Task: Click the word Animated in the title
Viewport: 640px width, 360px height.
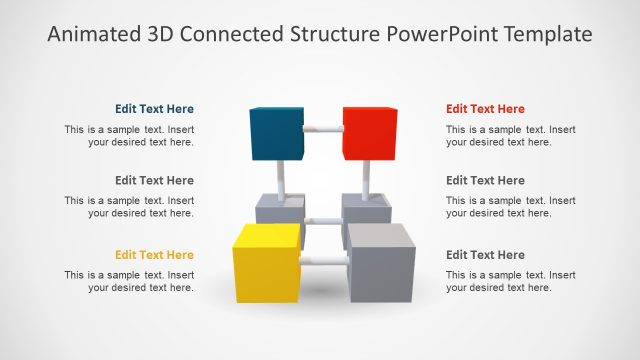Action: click(x=91, y=35)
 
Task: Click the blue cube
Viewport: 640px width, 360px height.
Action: click(x=276, y=133)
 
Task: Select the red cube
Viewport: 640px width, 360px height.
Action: click(x=369, y=133)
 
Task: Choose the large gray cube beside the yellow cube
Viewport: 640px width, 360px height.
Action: click(x=379, y=262)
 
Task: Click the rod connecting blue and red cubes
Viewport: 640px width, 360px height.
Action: click(x=323, y=129)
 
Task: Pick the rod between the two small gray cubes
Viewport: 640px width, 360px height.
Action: click(x=323, y=221)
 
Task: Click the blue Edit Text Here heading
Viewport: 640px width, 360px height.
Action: click(x=154, y=109)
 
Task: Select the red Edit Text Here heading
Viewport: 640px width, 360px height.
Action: click(x=485, y=109)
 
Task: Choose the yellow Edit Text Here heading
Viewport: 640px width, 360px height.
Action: click(x=154, y=255)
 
